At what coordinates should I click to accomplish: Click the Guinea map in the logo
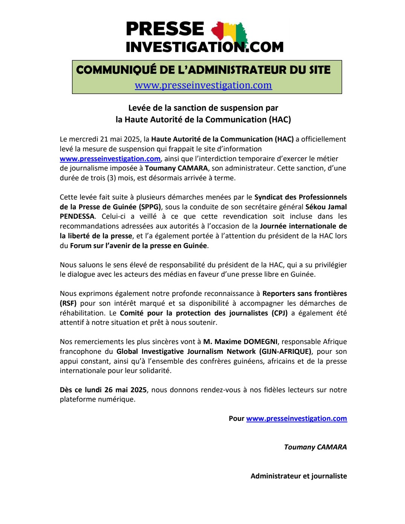pyautogui.click(x=231, y=32)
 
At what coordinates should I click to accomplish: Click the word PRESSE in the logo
pyautogui.click(x=165, y=29)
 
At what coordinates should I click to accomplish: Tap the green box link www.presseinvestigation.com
pyautogui.click(x=203, y=85)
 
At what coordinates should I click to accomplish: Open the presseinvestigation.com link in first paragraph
pyautogui.click(x=110, y=159)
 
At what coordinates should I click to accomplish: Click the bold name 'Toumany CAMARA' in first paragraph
pyautogui.click(x=176, y=168)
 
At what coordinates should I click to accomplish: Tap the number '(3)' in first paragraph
pyautogui.click(x=112, y=178)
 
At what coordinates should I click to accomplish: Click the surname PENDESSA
pyautogui.click(x=77, y=216)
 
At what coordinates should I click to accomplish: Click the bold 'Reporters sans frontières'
pyautogui.click(x=304, y=294)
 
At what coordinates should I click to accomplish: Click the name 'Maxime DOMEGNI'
pyautogui.click(x=246, y=342)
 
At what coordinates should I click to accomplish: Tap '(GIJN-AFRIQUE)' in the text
pyautogui.click(x=286, y=352)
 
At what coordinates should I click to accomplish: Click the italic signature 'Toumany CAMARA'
pyautogui.click(x=315, y=447)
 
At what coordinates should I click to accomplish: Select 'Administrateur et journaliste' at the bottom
pyautogui.click(x=298, y=476)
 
